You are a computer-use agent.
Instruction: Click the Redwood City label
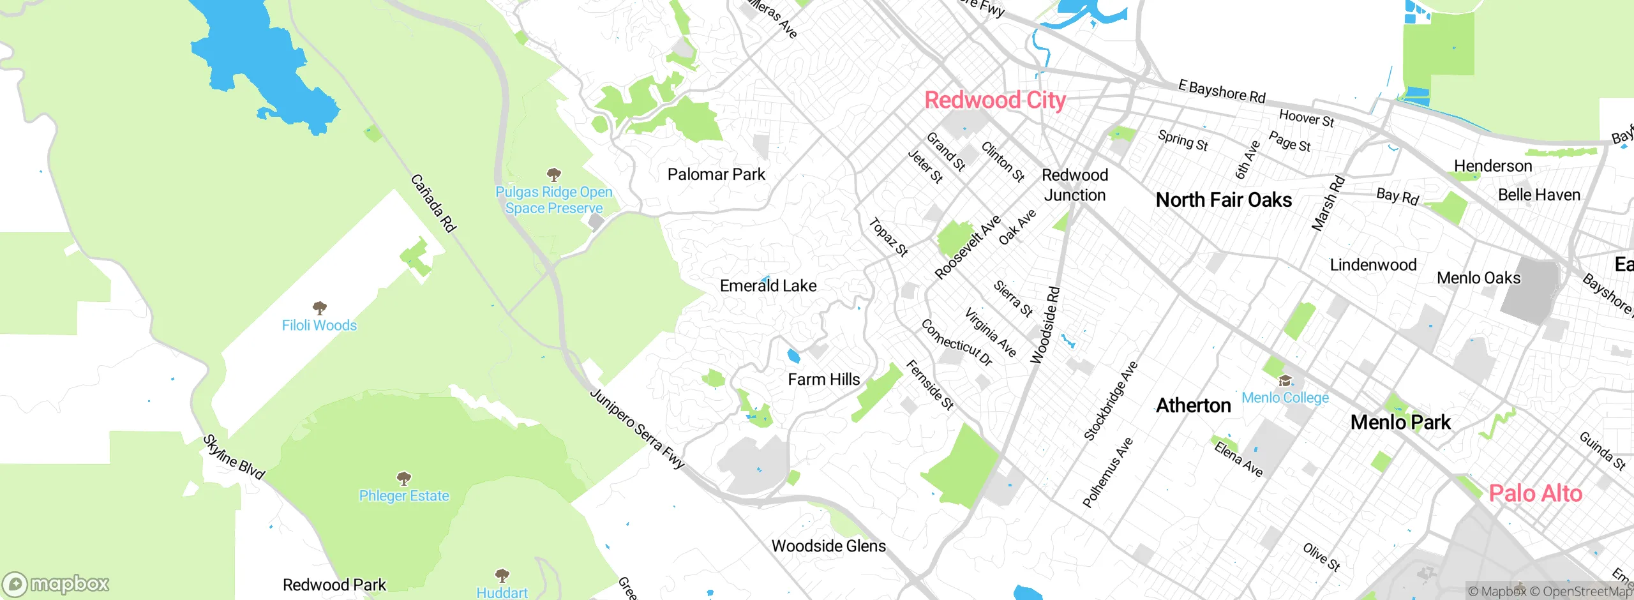[x=994, y=100]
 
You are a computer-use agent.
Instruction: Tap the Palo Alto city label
[x=1535, y=493]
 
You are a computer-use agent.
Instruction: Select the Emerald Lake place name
[x=768, y=285]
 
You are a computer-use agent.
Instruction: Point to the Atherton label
[x=1193, y=405]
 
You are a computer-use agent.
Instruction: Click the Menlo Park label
[x=1400, y=422]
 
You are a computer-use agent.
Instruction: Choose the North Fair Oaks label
[x=1224, y=200]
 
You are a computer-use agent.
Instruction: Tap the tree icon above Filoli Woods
[x=320, y=308]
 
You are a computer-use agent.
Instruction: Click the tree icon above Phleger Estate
[x=403, y=478]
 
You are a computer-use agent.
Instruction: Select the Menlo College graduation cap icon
[x=1285, y=381]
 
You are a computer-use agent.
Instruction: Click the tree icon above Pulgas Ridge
[x=554, y=174]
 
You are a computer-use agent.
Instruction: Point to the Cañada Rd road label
[x=433, y=203]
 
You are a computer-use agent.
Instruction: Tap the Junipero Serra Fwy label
[x=636, y=428]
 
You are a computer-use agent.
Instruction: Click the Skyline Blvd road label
[x=234, y=457]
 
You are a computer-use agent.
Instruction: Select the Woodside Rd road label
[x=1045, y=326]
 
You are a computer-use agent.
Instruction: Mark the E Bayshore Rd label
[x=1221, y=91]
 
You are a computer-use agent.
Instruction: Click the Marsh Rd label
[x=1328, y=203]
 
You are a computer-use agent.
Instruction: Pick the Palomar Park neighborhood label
[x=716, y=174]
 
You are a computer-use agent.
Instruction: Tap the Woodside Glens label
[x=828, y=546]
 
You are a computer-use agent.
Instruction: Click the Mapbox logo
[x=56, y=584]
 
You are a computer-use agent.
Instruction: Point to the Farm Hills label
[x=823, y=379]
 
